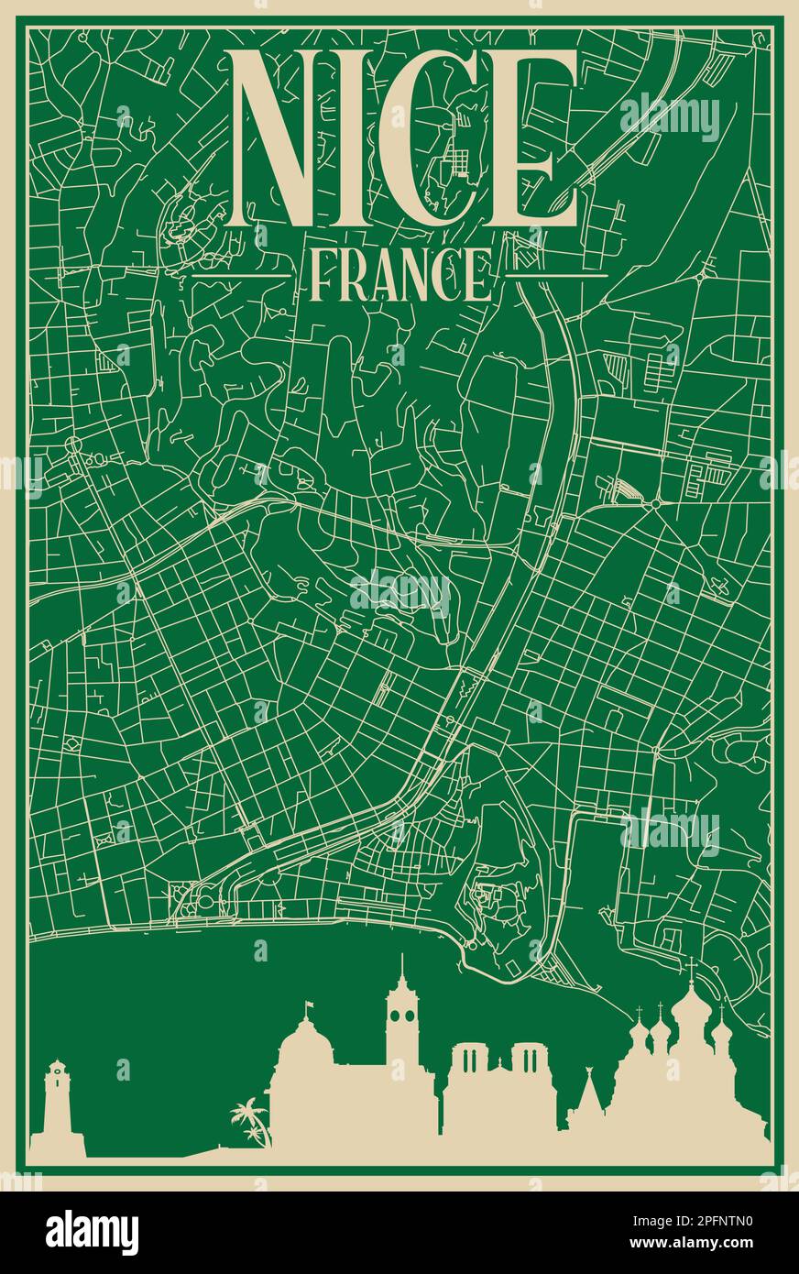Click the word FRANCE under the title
coord(400,274)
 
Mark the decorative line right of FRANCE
coord(558,273)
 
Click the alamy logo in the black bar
coord(92,1232)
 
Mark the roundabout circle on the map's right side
coord(656,503)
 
